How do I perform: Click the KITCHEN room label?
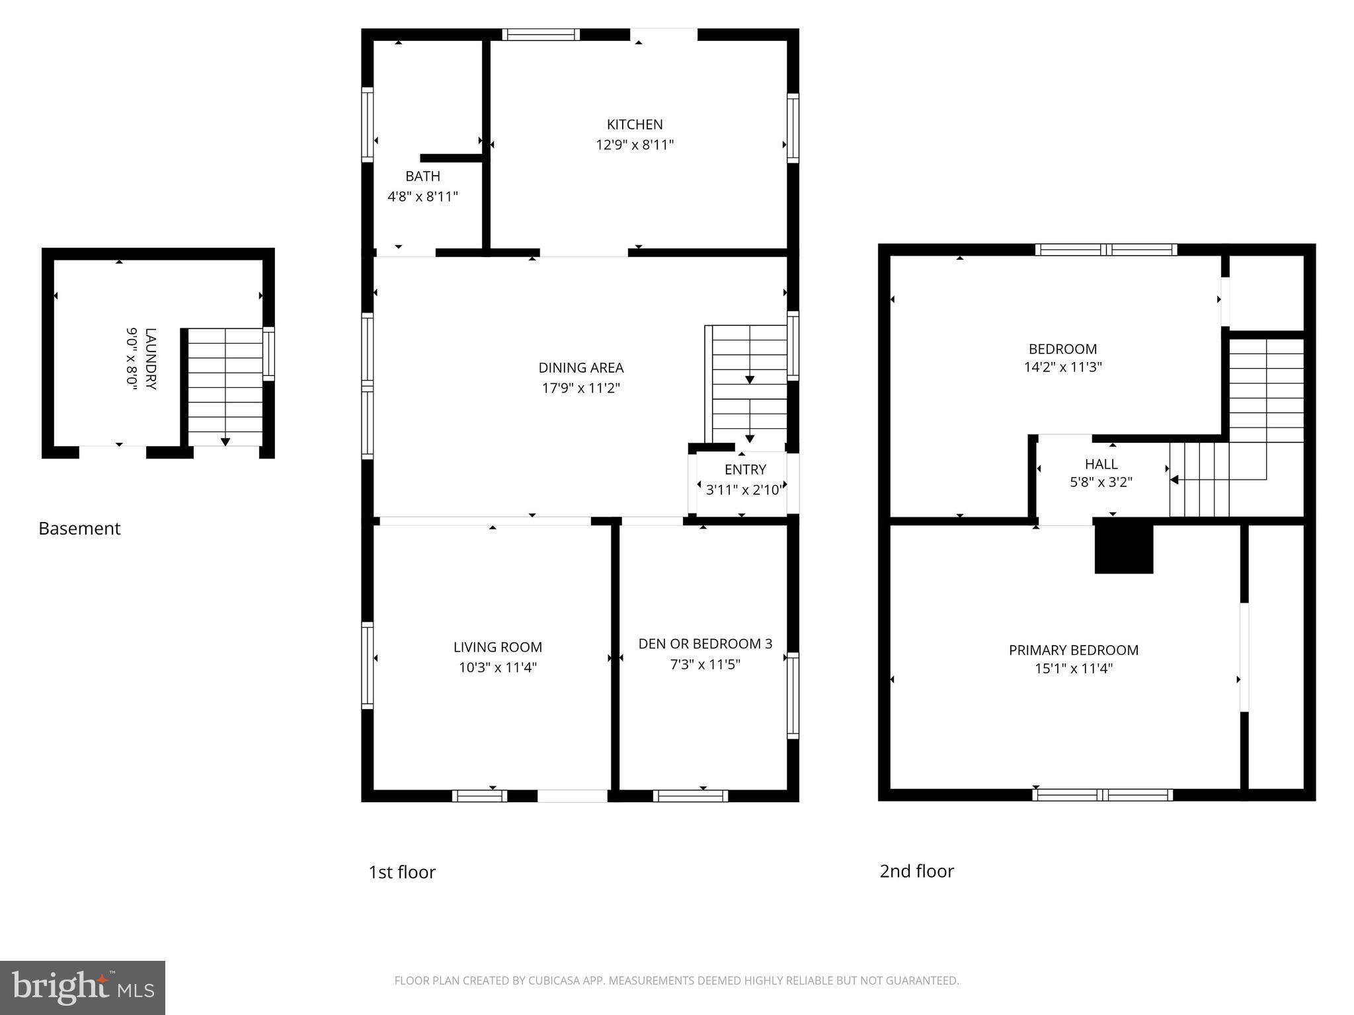(x=635, y=124)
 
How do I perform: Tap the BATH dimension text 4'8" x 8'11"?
(x=422, y=196)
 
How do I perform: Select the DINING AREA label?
(x=580, y=367)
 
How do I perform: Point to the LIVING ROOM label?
(x=497, y=647)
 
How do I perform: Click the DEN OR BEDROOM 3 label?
(x=705, y=644)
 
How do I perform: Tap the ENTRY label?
(x=745, y=469)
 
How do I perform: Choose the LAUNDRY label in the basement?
(x=151, y=359)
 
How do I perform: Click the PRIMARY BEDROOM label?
(x=1073, y=650)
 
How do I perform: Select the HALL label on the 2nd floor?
(x=1101, y=464)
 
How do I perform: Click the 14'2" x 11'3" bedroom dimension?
(x=1062, y=367)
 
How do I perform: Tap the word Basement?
(x=79, y=529)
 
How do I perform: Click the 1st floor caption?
(x=402, y=872)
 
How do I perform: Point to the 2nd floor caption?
(x=916, y=871)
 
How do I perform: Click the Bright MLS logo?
(x=83, y=988)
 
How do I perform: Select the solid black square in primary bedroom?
(x=1123, y=548)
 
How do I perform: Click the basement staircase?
(x=225, y=387)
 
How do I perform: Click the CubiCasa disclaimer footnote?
(x=676, y=981)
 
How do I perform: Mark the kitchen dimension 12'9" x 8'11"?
(x=635, y=145)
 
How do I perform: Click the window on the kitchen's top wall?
(x=540, y=34)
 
